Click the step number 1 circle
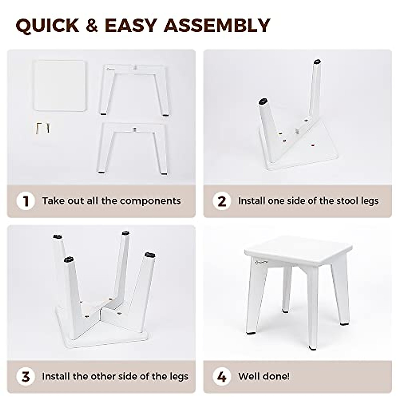26,201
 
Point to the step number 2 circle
222,201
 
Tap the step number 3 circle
26,377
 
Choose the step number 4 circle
222,377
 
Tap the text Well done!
264,376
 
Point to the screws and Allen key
43,127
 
